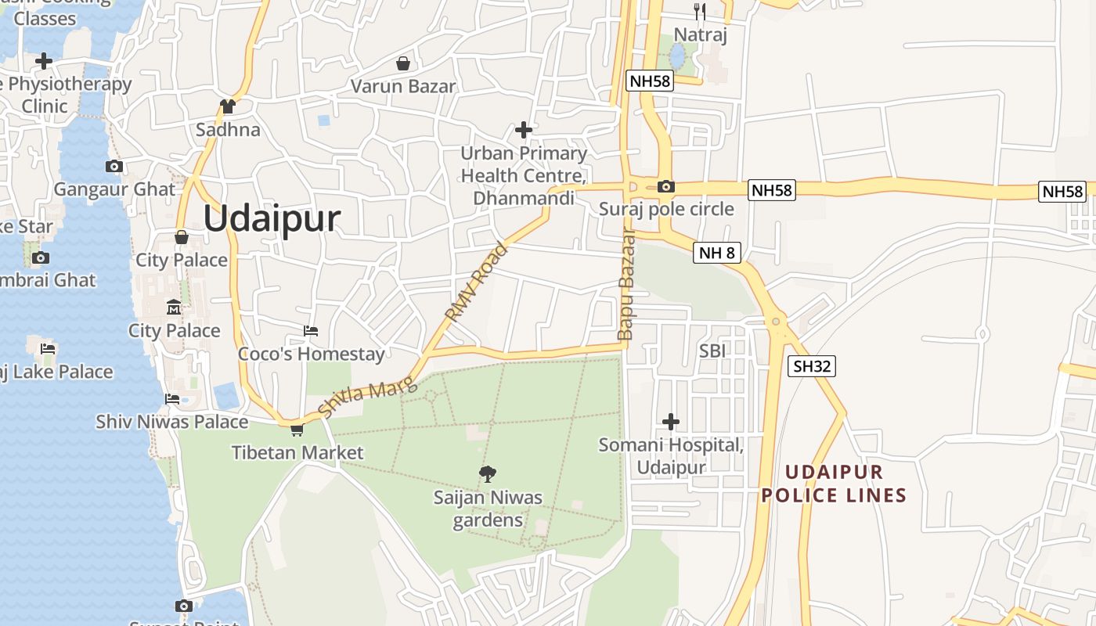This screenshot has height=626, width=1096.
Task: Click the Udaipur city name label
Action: click(272, 219)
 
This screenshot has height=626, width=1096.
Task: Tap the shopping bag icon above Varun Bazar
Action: click(403, 63)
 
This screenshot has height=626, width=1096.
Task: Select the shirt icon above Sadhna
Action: click(228, 106)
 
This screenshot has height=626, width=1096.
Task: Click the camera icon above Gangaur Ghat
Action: click(114, 166)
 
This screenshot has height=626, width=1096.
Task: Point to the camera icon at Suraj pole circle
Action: click(666, 186)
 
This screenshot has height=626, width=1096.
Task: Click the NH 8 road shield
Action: click(716, 252)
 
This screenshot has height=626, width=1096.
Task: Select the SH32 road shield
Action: click(812, 365)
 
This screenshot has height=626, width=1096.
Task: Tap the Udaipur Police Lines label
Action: click(834, 484)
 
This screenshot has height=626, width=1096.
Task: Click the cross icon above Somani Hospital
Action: click(671, 422)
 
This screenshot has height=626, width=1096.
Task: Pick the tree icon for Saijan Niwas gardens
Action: click(488, 473)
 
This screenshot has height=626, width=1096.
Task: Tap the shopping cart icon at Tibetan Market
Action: click(297, 430)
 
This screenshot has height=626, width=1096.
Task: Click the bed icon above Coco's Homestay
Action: click(311, 331)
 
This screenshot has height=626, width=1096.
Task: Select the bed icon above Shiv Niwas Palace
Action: click(172, 399)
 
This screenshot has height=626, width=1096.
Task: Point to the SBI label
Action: click(712, 351)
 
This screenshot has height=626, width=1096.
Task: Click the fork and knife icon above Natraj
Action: click(700, 11)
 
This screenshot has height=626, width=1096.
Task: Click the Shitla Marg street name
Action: click(368, 395)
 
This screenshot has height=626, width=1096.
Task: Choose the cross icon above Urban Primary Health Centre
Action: click(524, 130)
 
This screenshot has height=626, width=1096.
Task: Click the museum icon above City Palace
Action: click(174, 308)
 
